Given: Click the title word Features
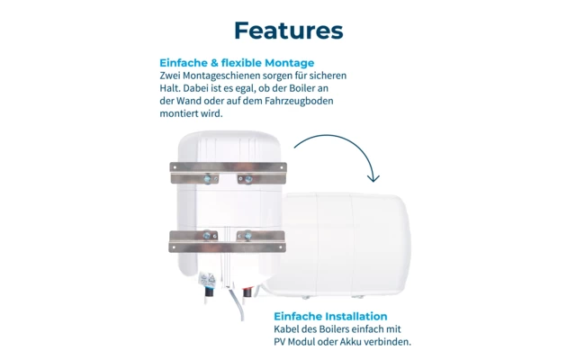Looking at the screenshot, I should pyautogui.click(x=288, y=31).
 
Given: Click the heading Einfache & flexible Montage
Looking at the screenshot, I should pyautogui.click(x=237, y=63).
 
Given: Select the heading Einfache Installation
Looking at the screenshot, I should pyautogui.click(x=330, y=316).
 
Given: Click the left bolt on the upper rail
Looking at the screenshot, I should pyautogui.click(x=206, y=178).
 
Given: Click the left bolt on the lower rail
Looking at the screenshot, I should pyautogui.click(x=206, y=236).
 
